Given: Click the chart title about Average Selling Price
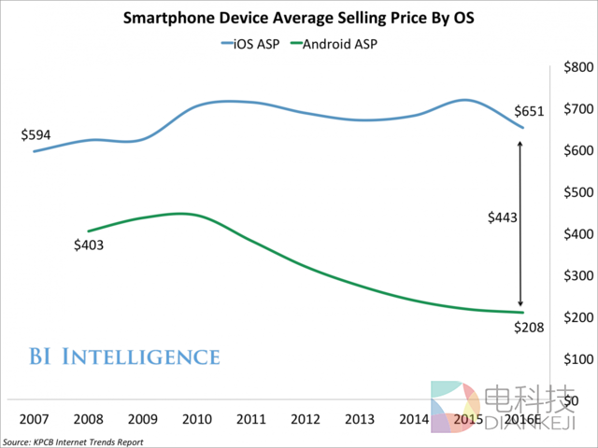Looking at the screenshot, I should click(298, 18).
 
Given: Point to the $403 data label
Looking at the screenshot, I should click(88, 246).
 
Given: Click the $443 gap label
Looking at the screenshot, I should click(504, 217).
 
